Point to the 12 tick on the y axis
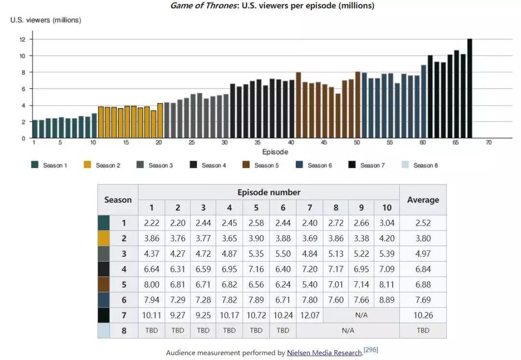22,40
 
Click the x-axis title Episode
275,152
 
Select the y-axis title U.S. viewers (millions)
46,20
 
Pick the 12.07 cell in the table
309,315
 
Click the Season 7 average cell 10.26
423,315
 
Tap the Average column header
423,200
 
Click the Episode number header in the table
269,192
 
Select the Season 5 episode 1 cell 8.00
151,284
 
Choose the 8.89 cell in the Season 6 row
386,300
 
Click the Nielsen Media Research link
324,353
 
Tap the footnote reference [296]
371,350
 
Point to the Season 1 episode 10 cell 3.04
386,223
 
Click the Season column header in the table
118,200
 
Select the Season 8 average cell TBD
423,331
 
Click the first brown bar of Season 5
299,105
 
